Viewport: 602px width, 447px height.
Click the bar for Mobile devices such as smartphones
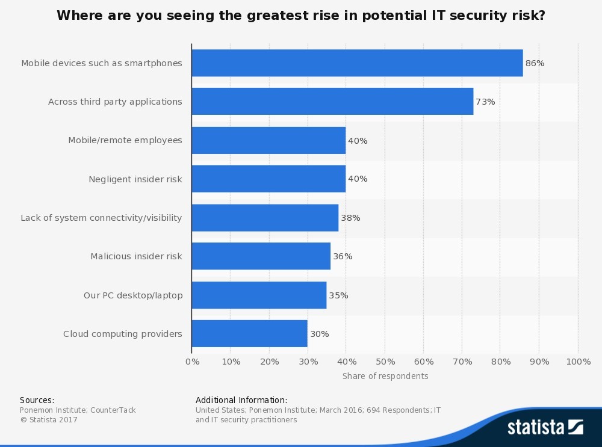[357, 63]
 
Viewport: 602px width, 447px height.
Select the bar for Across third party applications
[332, 102]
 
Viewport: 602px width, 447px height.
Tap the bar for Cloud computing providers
[249, 334]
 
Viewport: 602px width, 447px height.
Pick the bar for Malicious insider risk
[261, 256]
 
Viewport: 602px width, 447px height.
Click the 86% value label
[535, 63]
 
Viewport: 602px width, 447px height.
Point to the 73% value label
[485, 102]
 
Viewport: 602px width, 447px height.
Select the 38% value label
[350, 218]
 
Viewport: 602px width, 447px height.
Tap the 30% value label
[319, 334]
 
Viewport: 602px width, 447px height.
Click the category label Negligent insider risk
[135, 179]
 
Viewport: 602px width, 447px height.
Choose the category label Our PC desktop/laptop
[132, 295]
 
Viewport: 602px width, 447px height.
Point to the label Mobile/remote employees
[125, 140]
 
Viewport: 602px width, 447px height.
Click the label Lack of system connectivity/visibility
[101, 218]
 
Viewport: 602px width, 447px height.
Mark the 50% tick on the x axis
[385, 362]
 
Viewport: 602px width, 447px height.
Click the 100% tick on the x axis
[579, 362]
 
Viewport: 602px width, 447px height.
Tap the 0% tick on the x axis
[192, 362]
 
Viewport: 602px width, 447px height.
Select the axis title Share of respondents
[385, 376]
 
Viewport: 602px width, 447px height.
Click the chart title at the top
[301, 16]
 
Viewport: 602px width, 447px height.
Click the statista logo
[545, 427]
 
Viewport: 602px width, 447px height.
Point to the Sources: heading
[37, 400]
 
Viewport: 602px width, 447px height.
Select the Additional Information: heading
[241, 400]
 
